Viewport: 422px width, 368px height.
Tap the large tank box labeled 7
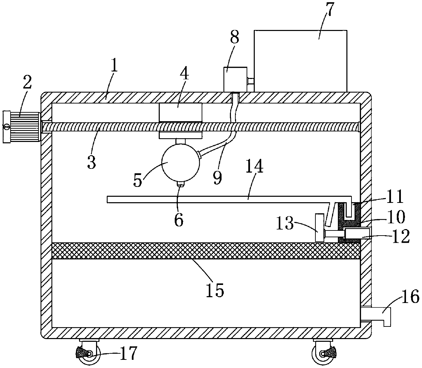point(300,61)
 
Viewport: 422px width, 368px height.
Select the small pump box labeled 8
point(235,79)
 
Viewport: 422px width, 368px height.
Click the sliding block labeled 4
point(181,112)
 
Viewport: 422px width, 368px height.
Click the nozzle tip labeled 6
point(181,184)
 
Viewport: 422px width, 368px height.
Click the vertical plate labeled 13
point(319,228)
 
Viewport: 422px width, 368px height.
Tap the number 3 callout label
point(91,162)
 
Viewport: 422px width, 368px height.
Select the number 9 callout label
point(217,178)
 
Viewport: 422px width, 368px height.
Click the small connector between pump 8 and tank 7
point(250,81)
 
